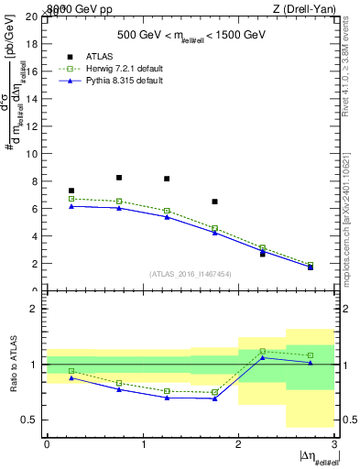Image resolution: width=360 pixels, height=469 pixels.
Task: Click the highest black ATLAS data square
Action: point(119,178)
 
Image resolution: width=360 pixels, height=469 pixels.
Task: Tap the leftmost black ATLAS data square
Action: point(71,191)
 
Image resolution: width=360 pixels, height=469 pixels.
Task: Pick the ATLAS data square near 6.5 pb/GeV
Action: point(214,202)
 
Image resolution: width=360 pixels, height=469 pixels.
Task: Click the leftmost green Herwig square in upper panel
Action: point(71,199)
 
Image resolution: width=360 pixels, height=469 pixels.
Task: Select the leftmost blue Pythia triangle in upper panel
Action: point(71,206)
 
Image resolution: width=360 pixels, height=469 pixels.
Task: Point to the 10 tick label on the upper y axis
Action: point(33,154)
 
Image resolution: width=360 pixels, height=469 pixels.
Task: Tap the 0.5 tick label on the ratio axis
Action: point(31,420)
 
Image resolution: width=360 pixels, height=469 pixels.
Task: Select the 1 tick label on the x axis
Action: point(143,444)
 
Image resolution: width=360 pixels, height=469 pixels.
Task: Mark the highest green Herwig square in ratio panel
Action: point(262,351)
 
